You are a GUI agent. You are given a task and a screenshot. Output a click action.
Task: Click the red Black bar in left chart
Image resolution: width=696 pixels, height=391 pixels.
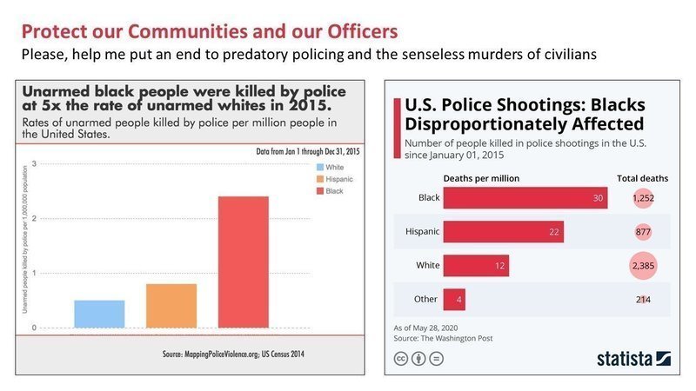pyautogui.click(x=243, y=262)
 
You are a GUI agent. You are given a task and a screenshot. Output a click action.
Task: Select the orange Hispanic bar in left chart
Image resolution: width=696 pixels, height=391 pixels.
pyautogui.click(x=171, y=306)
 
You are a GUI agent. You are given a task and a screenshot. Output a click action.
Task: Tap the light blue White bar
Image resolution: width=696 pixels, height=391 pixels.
pyautogui.click(x=99, y=314)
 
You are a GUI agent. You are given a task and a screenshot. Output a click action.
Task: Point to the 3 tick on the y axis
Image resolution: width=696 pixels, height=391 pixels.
pyautogui.click(x=34, y=163)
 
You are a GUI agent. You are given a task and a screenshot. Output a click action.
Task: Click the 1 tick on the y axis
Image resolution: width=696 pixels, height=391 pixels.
pyautogui.click(x=34, y=273)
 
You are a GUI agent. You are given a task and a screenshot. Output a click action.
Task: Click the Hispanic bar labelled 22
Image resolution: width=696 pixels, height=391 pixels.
pyautogui.click(x=503, y=232)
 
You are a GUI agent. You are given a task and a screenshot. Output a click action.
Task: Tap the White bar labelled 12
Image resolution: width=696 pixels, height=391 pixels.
pyautogui.click(x=478, y=266)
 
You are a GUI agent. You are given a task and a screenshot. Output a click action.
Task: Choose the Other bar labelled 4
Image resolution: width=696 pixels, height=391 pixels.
pyautogui.click(x=453, y=300)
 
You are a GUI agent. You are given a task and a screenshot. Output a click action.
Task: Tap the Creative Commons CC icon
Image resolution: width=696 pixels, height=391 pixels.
pyautogui.click(x=402, y=358)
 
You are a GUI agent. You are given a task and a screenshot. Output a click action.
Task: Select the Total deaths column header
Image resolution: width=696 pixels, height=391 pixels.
pyautogui.click(x=642, y=178)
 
